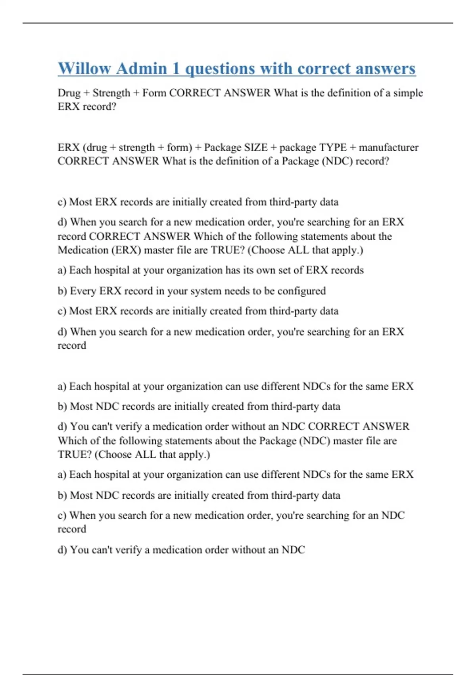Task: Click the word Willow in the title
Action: tap(84, 68)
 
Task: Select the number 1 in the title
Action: tap(176, 68)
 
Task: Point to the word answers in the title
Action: tap(386, 68)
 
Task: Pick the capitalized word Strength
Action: tap(111, 93)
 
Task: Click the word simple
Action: tap(408, 93)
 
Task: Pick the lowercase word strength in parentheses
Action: tap(136, 147)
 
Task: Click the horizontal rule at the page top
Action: tap(238, 23)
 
